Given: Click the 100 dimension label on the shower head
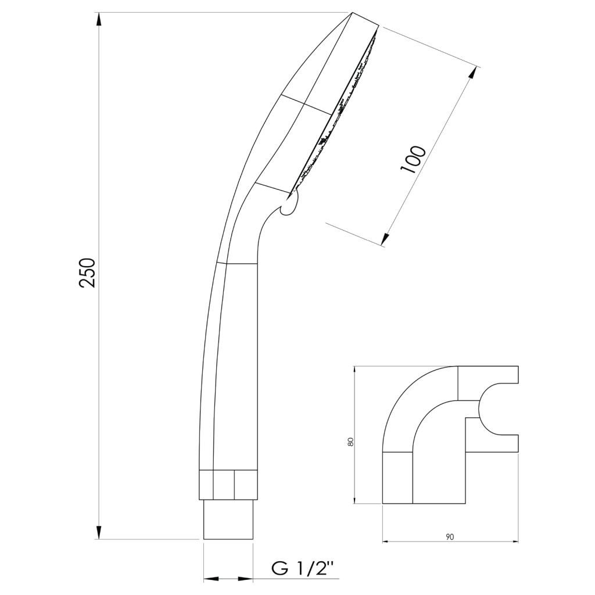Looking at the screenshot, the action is [x=413, y=159].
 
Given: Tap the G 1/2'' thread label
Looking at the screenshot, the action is [x=303, y=568].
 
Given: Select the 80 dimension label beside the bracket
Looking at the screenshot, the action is [x=350, y=442].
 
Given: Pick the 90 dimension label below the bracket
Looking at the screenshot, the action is [x=450, y=536].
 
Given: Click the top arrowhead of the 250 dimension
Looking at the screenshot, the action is [x=99, y=20].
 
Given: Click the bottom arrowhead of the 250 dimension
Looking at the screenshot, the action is [x=99, y=532].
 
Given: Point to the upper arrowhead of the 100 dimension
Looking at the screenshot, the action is [x=472, y=73].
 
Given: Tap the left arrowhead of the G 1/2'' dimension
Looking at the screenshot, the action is [x=212, y=579].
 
